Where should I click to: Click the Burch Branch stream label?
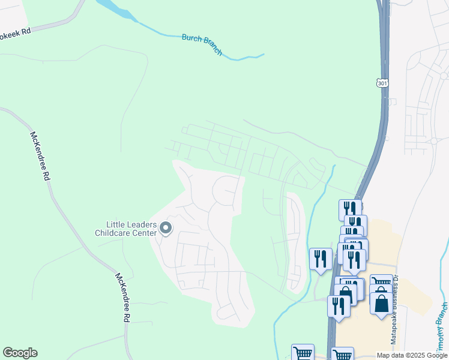point(202,45)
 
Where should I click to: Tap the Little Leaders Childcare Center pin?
point(166,228)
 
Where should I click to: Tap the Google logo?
point(20,353)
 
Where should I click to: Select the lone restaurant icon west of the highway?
point(320,259)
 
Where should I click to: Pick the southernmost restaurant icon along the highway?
point(339,306)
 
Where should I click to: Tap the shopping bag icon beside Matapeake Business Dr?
point(381,302)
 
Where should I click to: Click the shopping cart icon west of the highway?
point(303,353)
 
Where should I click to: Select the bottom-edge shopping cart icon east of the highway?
point(342,354)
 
